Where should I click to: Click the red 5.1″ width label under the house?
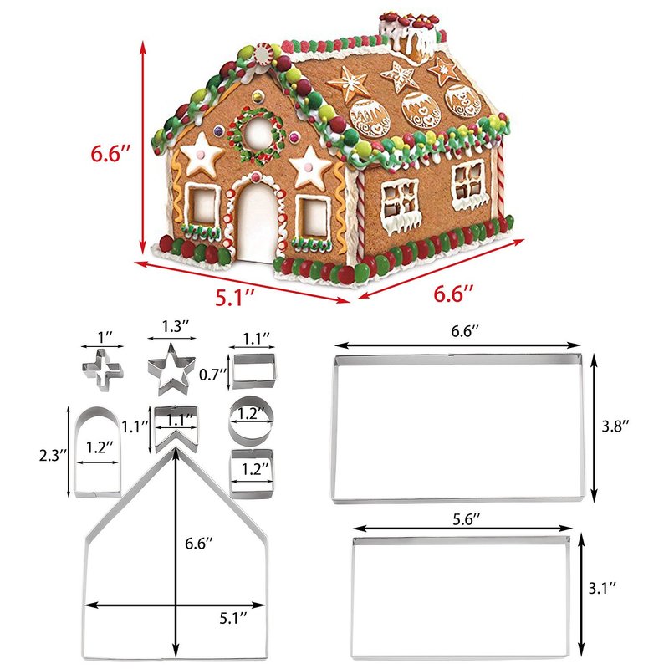tap(234, 297)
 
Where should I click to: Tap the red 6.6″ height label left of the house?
tap(110, 153)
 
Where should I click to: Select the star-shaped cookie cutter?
tap(171, 369)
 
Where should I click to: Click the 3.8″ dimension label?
tap(615, 426)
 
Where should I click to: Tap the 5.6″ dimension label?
tap(466, 518)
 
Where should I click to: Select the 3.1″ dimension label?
tap(602, 588)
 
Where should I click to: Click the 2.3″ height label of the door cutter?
tap(54, 455)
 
